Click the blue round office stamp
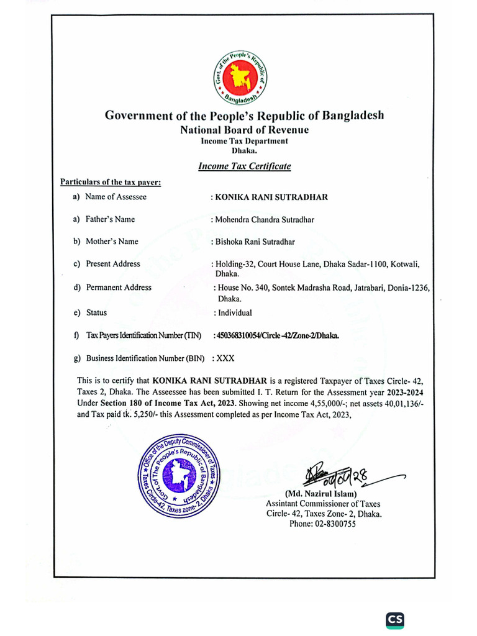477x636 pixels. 178,476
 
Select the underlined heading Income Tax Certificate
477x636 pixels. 244,166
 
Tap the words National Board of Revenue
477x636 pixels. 244,130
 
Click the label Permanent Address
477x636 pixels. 119,288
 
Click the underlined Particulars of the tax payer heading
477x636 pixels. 111,182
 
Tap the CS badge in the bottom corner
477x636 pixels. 395,619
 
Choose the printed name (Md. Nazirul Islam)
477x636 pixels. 323,494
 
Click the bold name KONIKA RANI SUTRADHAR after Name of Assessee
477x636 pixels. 270,197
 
